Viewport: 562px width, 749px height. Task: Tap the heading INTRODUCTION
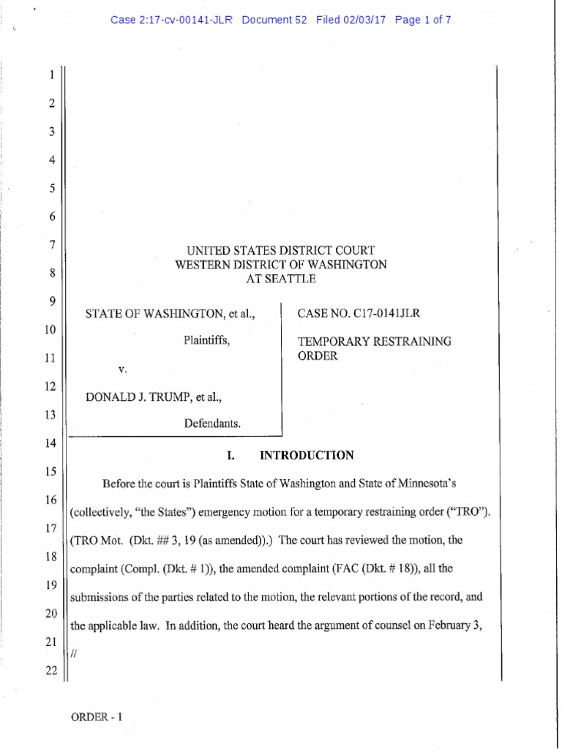click(307, 456)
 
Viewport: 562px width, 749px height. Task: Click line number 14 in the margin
click(50, 443)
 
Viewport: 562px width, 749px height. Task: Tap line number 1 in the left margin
click(51, 75)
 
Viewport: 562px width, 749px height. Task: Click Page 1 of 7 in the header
click(422, 20)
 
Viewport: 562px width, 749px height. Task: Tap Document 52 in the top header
click(274, 20)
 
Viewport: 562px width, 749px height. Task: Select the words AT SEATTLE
click(280, 279)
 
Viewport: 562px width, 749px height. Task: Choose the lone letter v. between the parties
click(122, 370)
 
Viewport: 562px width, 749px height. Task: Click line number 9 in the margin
click(51, 301)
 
